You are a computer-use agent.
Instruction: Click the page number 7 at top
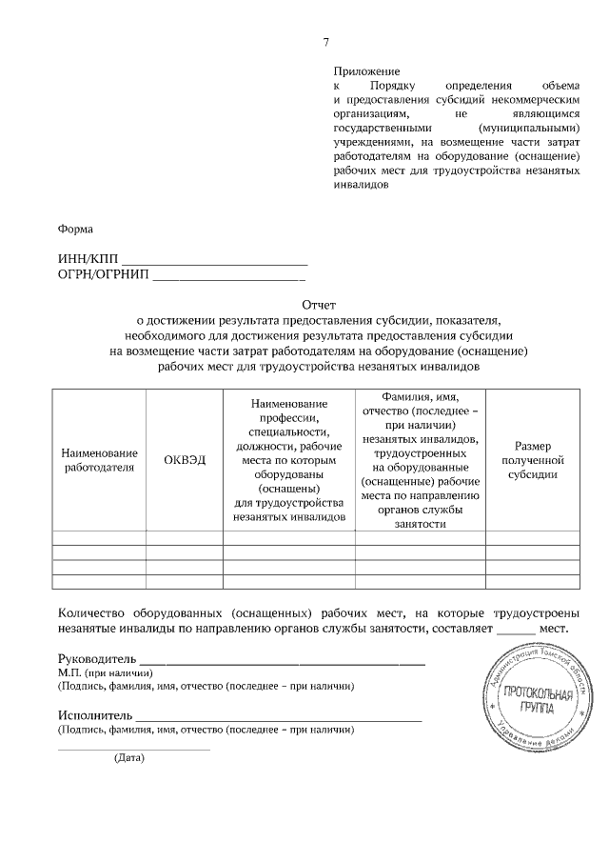pos(326,42)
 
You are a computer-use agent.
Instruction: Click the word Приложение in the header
pos(366,71)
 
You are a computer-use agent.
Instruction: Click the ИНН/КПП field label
pos(88,260)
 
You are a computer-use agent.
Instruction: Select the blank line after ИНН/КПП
pos(215,262)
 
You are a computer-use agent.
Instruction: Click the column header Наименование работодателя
pos(99,459)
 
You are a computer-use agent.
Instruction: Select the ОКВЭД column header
pos(185,460)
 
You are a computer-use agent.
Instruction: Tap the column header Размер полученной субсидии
pos(533,459)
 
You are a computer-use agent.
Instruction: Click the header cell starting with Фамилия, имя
pos(420,459)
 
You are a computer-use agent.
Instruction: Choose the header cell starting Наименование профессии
pos(288,461)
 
